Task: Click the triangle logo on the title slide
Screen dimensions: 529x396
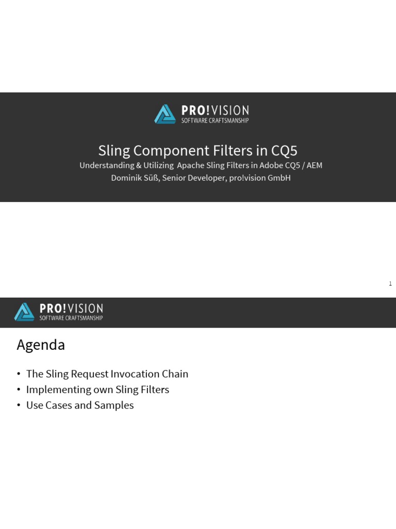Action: pos(165,114)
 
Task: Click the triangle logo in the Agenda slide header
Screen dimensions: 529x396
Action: pos(24,312)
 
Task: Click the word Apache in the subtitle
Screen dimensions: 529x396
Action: pos(191,165)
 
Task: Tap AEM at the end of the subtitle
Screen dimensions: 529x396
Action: pos(314,165)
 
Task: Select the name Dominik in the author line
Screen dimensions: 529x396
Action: pos(126,178)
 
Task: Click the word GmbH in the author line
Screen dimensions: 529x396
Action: pos(278,178)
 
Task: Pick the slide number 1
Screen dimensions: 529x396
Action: pos(390,284)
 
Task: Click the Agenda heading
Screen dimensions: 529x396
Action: pos(41,345)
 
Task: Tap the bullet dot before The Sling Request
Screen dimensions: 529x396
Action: pos(19,374)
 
